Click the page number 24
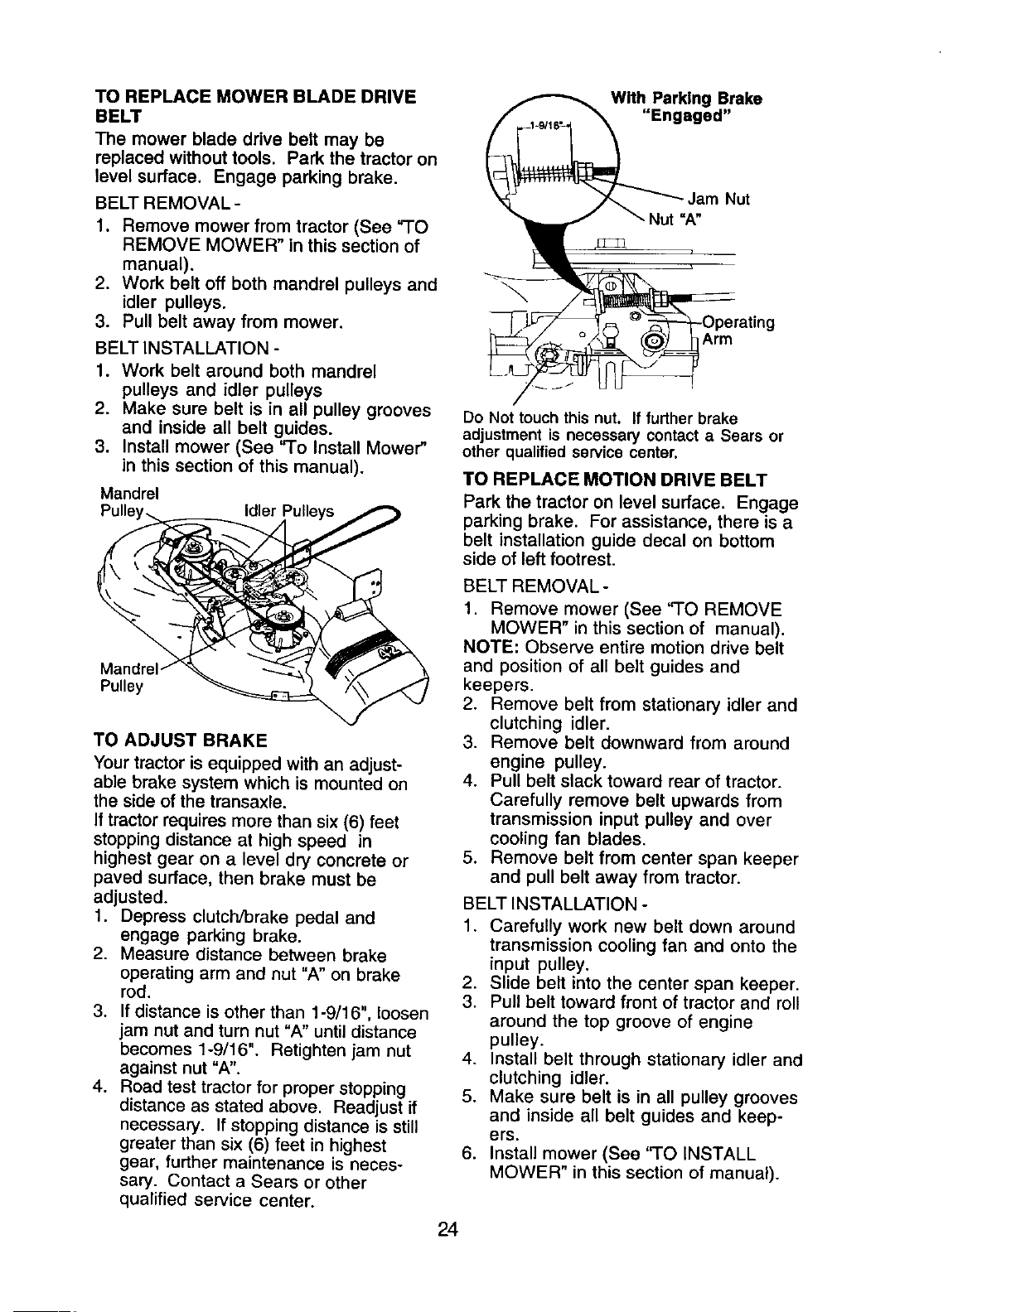[x=448, y=1228]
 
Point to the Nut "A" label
[x=682, y=219]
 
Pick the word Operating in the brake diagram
[x=738, y=322]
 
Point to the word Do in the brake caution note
[x=472, y=417]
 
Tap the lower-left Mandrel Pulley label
[x=123, y=677]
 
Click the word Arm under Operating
[x=716, y=340]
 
